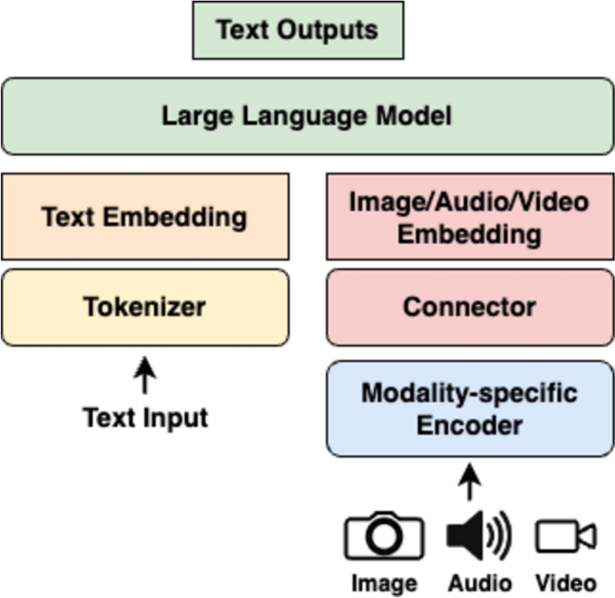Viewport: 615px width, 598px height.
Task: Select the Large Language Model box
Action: coord(307,116)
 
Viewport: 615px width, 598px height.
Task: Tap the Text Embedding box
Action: coord(145,216)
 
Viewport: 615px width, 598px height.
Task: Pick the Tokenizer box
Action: coord(145,306)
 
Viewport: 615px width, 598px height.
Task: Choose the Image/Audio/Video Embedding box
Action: coord(470,216)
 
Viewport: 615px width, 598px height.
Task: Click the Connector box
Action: coord(470,306)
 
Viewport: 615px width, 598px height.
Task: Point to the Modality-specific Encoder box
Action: coord(470,409)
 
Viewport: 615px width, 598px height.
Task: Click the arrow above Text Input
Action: coord(145,374)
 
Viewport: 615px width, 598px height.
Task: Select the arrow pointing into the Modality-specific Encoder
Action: coord(470,482)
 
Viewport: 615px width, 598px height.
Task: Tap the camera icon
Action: coord(383,538)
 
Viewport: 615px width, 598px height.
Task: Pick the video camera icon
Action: coord(566,537)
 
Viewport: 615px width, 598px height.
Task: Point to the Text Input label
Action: coord(145,418)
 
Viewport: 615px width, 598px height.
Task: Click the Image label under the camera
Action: coord(383,582)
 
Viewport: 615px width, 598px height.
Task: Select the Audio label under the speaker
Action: coord(479,582)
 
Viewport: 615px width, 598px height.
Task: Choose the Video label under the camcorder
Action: coord(567,582)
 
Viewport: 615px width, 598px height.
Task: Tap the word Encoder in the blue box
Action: coord(470,424)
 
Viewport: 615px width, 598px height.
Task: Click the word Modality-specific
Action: coord(470,392)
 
